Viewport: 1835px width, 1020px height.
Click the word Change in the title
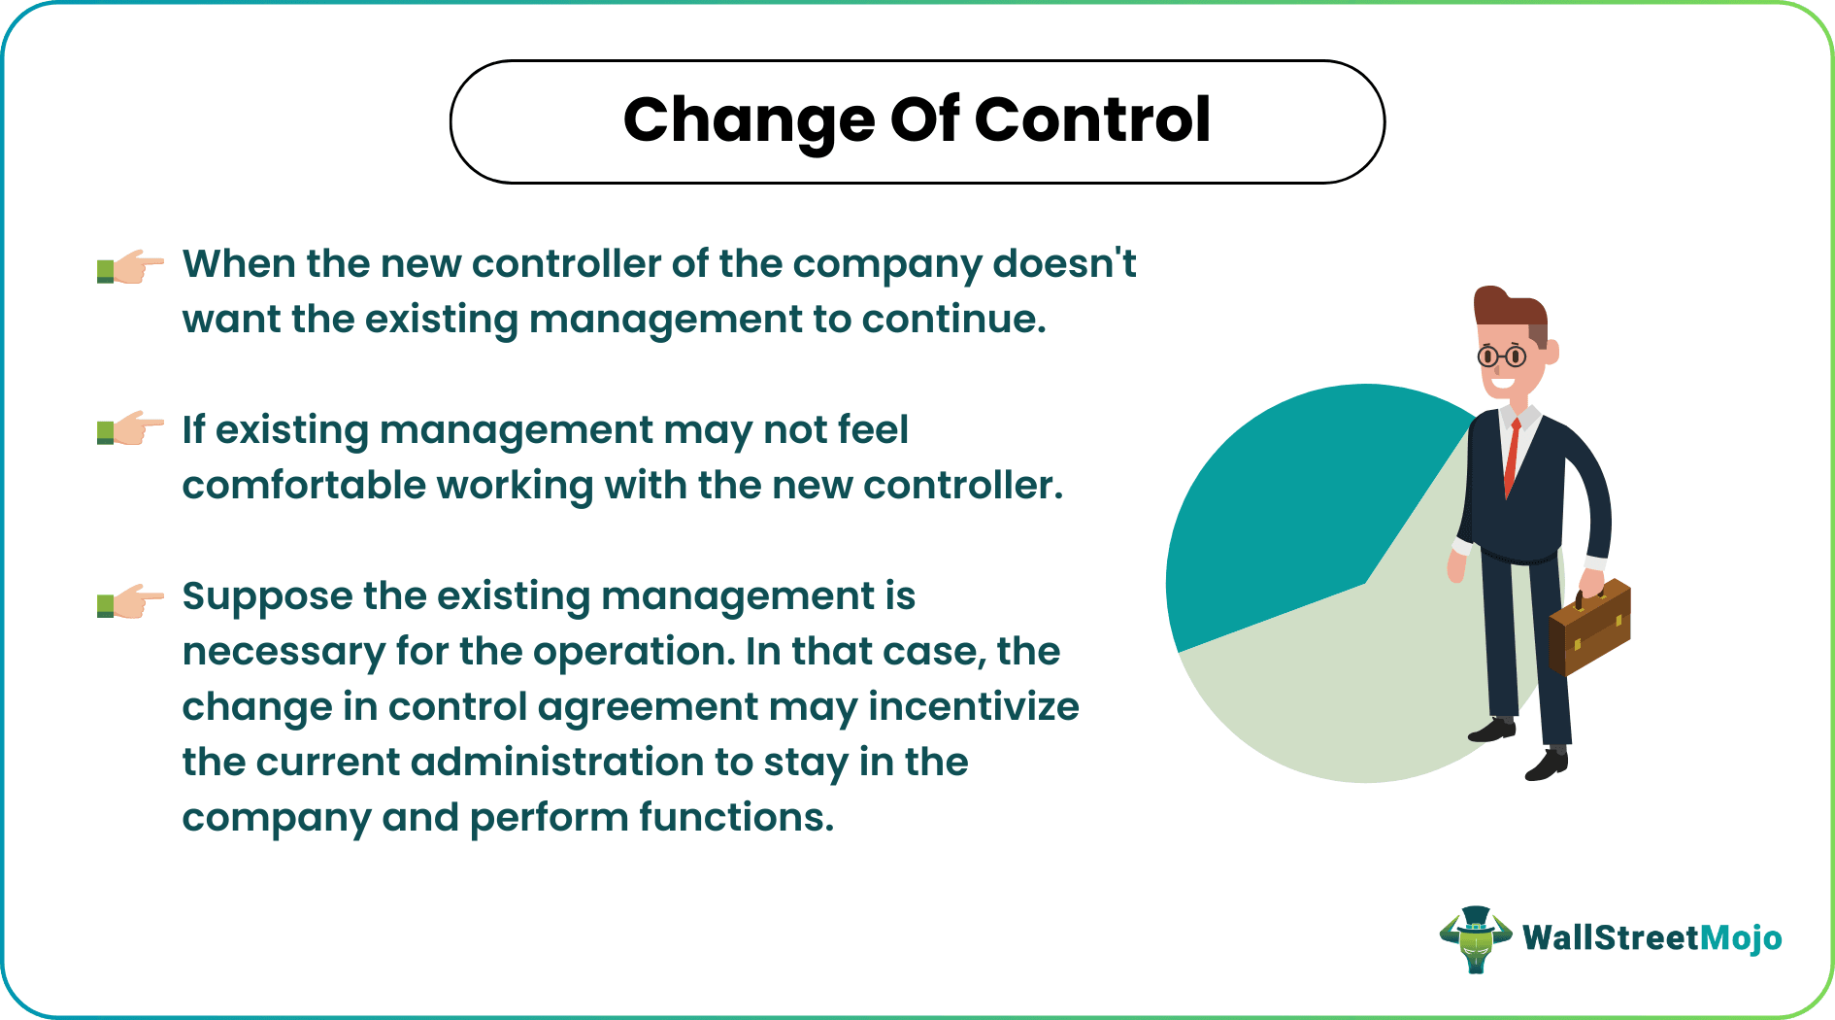click(x=749, y=120)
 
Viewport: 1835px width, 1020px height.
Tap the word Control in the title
click(x=1091, y=120)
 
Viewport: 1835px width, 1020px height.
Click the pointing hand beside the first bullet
click(x=130, y=266)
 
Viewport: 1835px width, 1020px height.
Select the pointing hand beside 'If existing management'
click(x=130, y=428)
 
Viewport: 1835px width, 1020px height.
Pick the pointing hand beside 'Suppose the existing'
click(x=130, y=601)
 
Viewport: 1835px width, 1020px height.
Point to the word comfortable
click(x=303, y=485)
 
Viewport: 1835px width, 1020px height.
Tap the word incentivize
click(x=973, y=706)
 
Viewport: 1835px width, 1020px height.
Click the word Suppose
click(x=266, y=596)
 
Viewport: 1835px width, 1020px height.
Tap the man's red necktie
click(x=1511, y=457)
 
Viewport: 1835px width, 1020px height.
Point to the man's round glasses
click(x=1501, y=357)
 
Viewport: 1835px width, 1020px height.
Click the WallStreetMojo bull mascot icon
click(x=1475, y=938)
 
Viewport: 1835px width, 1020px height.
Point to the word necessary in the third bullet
click(x=283, y=651)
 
